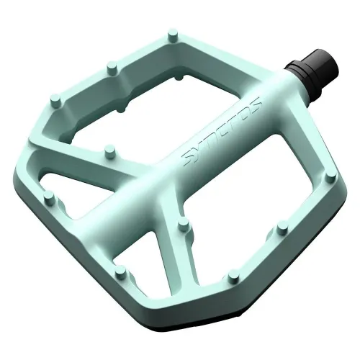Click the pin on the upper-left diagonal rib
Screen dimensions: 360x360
tap(109, 151)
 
